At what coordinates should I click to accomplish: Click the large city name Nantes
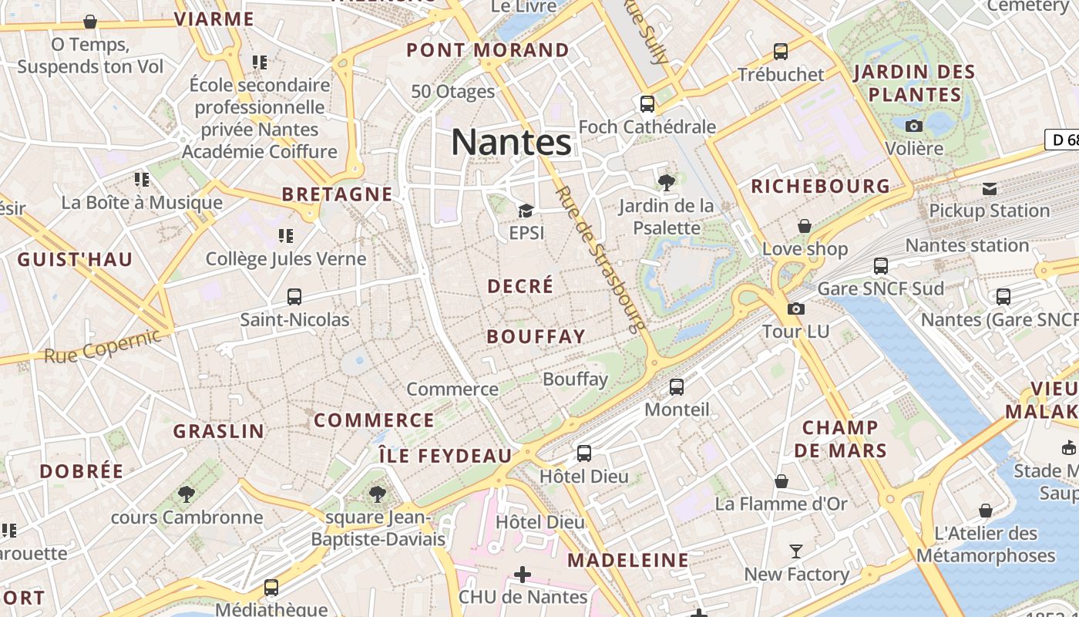511,142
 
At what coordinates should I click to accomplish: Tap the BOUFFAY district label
536,336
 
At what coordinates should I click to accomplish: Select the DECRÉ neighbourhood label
520,285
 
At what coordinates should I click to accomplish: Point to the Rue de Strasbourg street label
600,259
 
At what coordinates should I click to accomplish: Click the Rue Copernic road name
103,346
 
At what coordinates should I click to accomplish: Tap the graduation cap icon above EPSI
526,211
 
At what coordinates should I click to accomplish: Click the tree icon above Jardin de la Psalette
666,183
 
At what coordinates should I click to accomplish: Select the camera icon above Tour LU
795,309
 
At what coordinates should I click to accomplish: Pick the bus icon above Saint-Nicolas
294,297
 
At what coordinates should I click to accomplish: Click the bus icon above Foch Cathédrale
647,104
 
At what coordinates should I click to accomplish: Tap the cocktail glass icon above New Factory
796,551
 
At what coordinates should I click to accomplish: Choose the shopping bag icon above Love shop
805,226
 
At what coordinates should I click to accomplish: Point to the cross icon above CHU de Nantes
523,575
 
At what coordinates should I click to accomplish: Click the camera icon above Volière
914,126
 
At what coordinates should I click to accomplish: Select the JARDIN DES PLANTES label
915,83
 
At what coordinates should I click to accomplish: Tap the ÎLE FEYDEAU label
445,456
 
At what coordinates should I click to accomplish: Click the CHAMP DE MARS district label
841,439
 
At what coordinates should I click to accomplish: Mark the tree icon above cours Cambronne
186,494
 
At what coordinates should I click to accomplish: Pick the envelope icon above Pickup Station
990,188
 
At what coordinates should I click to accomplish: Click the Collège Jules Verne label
286,258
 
